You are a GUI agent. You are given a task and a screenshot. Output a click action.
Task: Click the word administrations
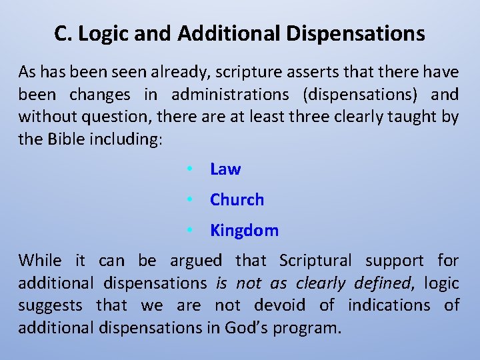click(x=229, y=95)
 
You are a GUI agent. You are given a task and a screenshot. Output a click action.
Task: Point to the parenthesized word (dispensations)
click(x=357, y=95)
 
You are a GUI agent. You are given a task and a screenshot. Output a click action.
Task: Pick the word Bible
click(x=71, y=140)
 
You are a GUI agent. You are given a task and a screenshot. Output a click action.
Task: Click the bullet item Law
click(x=225, y=169)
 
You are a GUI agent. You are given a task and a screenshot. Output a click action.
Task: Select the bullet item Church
click(x=237, y=200)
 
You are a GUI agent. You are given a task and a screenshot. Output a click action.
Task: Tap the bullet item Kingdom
click(x=244, y=231)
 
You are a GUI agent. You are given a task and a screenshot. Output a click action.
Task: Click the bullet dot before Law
click(x=190, y=169)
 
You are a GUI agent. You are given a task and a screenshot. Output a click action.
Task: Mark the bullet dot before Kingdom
click(x=190, y=231)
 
